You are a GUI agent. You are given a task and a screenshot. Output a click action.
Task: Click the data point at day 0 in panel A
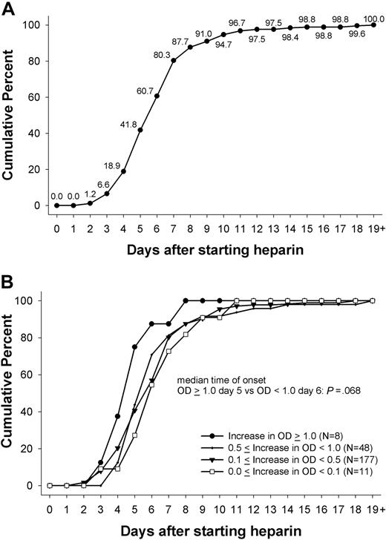(x=56, y=205)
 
